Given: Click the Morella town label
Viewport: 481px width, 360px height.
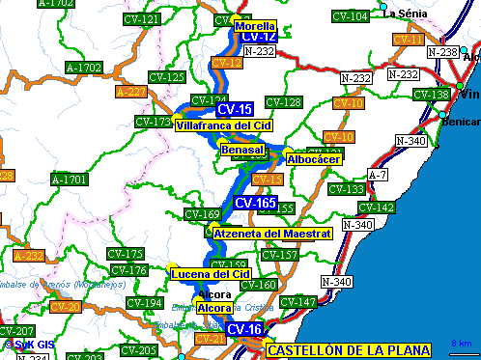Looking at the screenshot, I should coord(255,26).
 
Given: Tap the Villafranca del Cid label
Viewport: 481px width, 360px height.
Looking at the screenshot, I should coord(224,125).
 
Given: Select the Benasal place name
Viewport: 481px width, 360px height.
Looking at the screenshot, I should coord(241,150).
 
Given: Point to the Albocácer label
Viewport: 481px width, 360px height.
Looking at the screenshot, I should coord(314,159).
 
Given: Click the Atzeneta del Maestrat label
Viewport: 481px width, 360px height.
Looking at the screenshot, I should coord(273,234).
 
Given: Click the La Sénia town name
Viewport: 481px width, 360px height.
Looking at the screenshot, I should coord(407,14).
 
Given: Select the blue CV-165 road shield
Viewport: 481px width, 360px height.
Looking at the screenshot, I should coord(256,203).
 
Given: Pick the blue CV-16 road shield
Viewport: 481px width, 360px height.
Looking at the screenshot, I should coord(243,329).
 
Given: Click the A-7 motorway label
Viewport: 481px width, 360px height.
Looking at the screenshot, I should coord(378,175).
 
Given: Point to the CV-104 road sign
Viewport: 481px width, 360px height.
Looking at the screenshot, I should coord(350,16).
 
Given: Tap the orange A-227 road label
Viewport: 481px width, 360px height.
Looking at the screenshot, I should coord(130,93).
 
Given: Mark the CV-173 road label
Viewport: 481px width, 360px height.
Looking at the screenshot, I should coord(154,122).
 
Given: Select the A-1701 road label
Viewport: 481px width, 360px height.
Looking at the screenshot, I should coord(70,180).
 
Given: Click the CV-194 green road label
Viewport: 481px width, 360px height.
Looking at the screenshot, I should coord(145,303).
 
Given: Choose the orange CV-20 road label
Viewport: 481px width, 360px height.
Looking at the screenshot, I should coord(65,307).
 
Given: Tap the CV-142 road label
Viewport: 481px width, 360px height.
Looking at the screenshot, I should coord(376,208).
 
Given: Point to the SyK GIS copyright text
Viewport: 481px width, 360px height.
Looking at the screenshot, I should coord(27,345).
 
